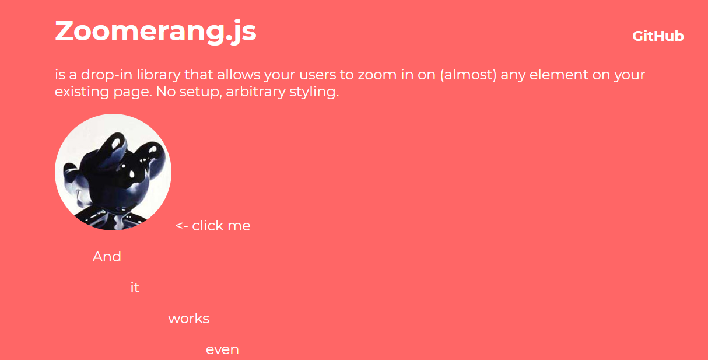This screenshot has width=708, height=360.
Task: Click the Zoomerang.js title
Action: [x=156, y=32]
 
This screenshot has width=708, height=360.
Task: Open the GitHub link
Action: [x=658, y=36]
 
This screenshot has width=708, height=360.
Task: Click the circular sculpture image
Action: [x=113, y=172]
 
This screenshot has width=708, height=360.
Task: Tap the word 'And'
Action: [x=107, y=257]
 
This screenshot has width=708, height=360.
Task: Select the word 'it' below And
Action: [x=135, y=288]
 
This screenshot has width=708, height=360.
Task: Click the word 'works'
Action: [x=189, y=319]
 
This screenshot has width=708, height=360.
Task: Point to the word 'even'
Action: [x=223, y=350]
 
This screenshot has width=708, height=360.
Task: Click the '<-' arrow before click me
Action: [x=182, y=226]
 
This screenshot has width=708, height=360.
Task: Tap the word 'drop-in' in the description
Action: [x=107, y=75]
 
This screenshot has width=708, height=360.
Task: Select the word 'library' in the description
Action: [x=159, y=75]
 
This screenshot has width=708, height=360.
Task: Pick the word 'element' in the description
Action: [x=559, y=75]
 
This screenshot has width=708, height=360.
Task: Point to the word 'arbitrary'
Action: [x=255, y=92]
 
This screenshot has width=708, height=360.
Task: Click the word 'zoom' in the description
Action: [x=377, y=75]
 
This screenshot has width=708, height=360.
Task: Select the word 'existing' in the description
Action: [x=82, y=92]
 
